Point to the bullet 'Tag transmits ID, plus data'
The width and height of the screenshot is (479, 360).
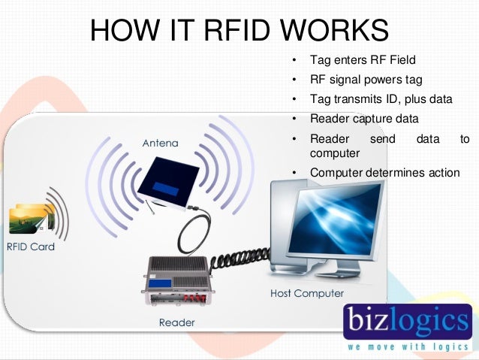[381, 98]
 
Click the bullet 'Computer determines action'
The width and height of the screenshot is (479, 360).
[384, 173]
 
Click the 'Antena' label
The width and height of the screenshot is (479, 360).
[161, 141]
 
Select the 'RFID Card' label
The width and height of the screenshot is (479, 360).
[31, 246]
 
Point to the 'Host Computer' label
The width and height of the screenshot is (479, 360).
[306, 292]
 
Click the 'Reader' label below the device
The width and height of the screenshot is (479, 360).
[177, 322]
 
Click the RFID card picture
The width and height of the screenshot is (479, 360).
[30, 218]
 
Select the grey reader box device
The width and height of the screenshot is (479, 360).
[178, 281]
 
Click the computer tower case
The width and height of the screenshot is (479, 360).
[285, 225]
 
